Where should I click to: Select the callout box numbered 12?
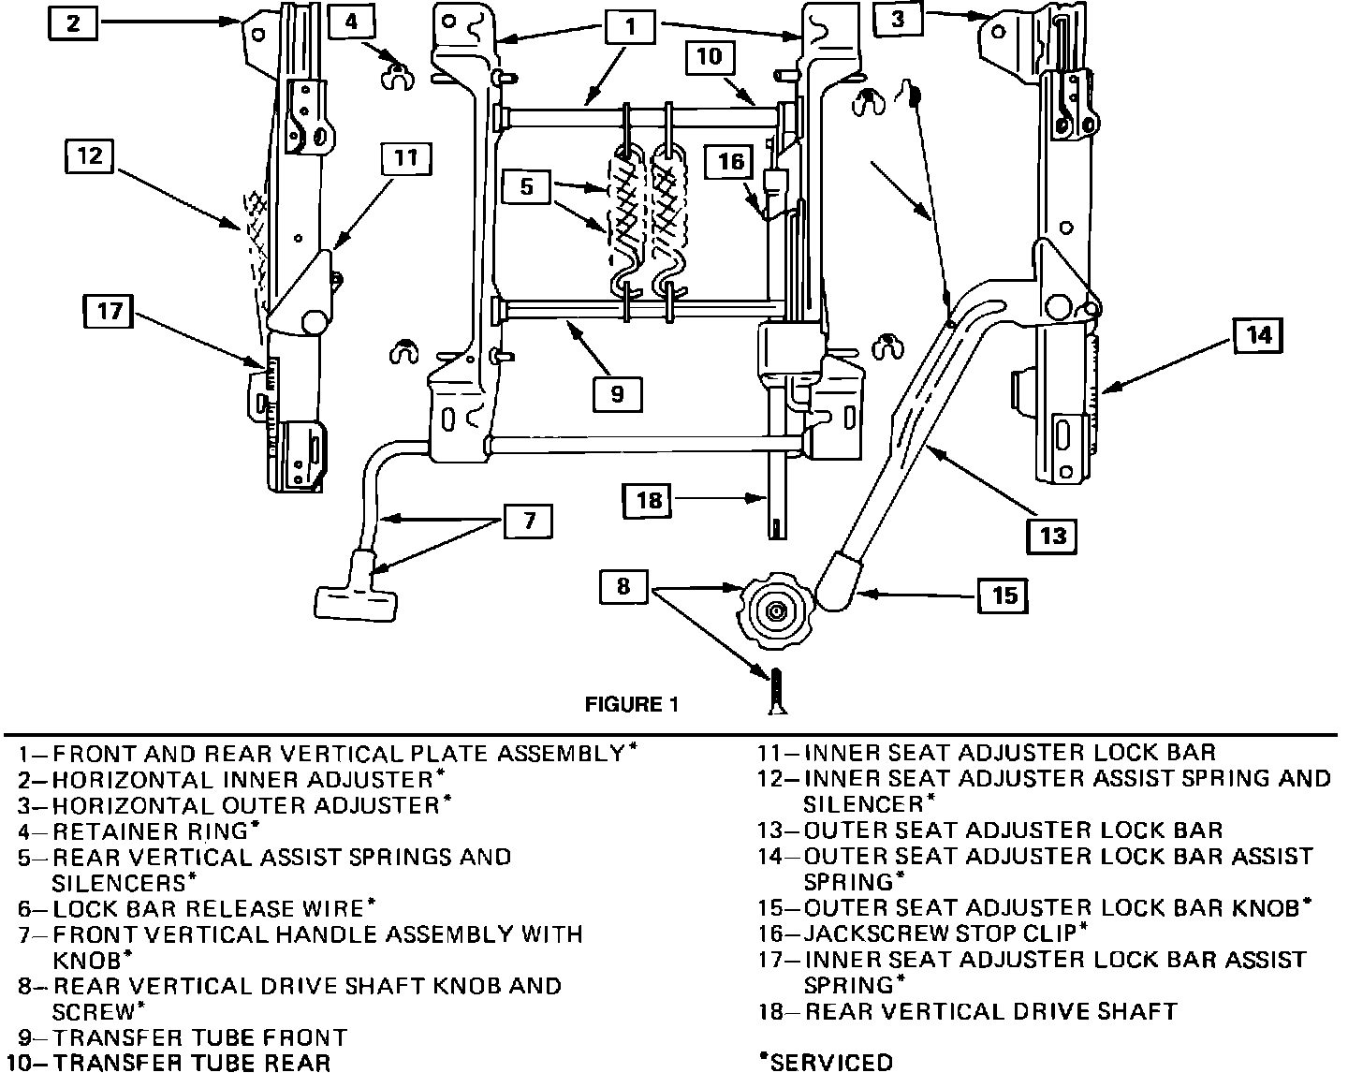89,155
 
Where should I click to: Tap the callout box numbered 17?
110,310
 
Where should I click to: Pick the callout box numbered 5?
527,186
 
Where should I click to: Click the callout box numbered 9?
617,393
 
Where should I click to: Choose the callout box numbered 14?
1259,335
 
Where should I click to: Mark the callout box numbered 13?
1052,535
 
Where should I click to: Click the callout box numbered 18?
649,501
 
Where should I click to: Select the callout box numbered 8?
623,587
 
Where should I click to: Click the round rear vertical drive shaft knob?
774,612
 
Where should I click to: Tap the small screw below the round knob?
777,692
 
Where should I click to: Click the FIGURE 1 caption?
630,704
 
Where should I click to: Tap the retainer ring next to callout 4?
398,76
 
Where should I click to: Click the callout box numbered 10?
709,56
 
